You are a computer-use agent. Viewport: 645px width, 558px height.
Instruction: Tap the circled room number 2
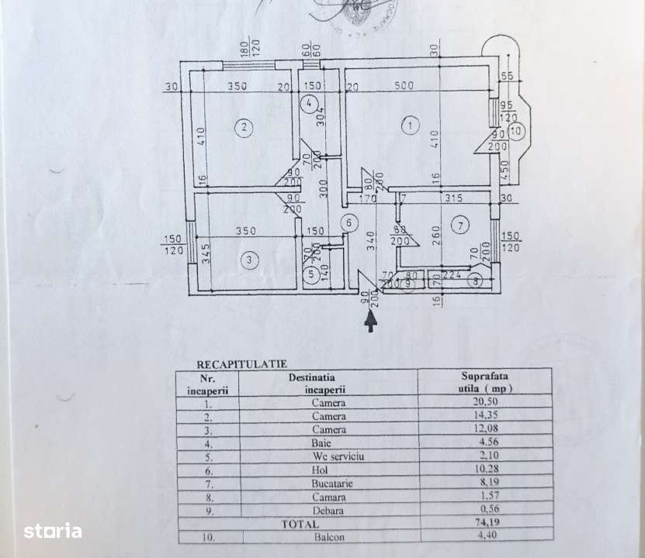point(245,127)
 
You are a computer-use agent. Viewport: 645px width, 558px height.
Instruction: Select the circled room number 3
point(248,260)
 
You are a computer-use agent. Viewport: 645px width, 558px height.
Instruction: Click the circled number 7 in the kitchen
point(460,226)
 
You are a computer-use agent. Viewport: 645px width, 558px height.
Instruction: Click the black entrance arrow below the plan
point(371,322)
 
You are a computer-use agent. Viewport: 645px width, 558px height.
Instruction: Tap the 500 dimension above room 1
point(404,86)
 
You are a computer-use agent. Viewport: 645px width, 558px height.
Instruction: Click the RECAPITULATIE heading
point(231,362)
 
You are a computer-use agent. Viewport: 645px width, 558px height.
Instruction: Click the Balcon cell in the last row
point(328,536)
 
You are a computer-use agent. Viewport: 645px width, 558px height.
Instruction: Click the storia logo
point(52,531)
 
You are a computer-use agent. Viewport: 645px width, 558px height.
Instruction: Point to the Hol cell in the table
point(328,469)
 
